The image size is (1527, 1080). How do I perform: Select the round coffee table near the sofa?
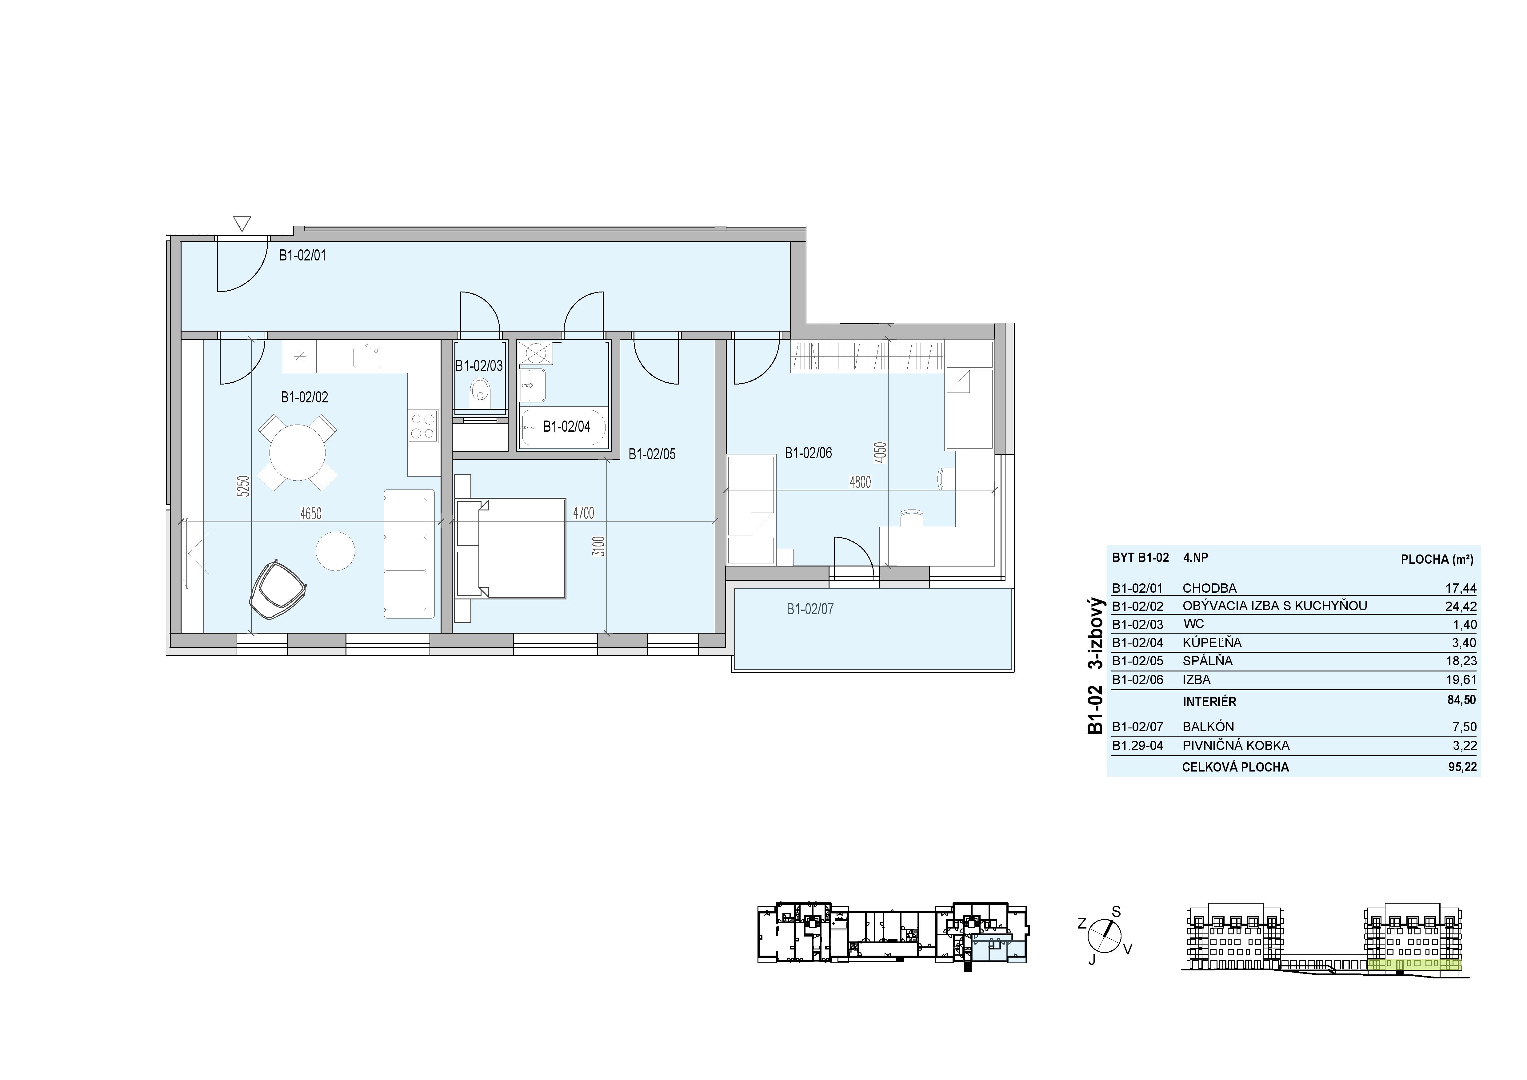click(x=335, y=551)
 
